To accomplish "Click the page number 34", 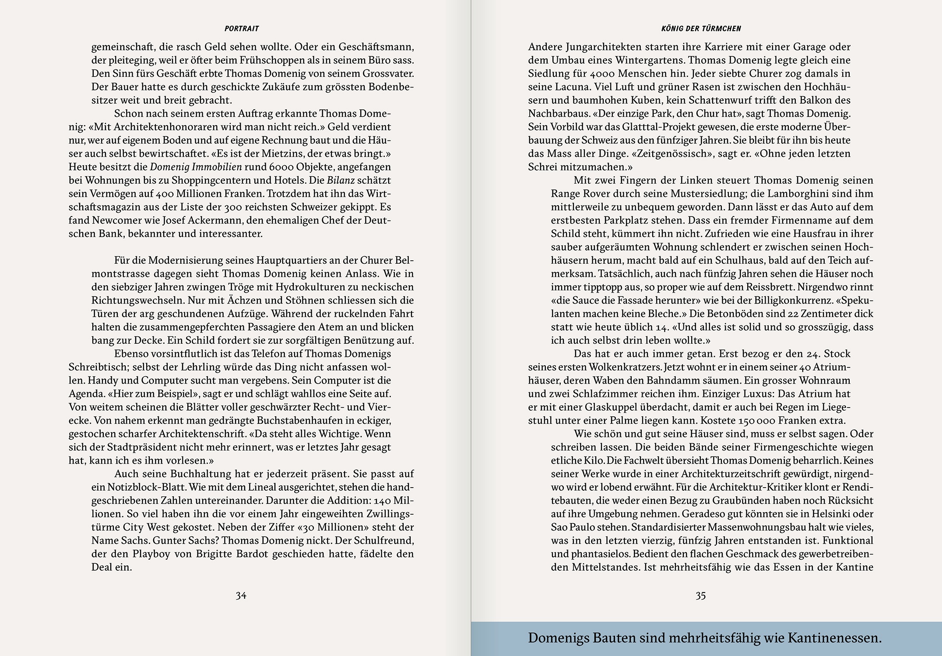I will [241, 596].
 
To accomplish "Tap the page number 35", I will [700, 596].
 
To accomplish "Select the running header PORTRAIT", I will [242, 29].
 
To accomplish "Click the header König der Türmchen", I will [701, 29].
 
